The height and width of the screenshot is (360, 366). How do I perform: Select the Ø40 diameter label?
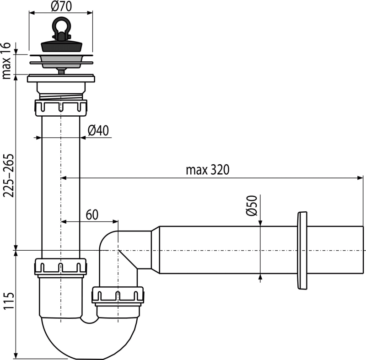pyautogui.click(x=97, y=131)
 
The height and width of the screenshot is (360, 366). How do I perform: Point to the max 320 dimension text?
pyautogui.click(x=207, y=171)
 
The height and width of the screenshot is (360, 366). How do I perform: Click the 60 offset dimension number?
pyautogui.click(x=91, y=214)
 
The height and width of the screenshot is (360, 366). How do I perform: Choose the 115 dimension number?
pyautogui.click(x=7, y=301)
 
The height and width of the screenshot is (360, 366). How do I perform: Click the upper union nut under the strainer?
pyautogui.click(x=60, y=106)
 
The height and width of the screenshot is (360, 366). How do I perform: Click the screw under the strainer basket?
pyautogui.click(x=60, y=70)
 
